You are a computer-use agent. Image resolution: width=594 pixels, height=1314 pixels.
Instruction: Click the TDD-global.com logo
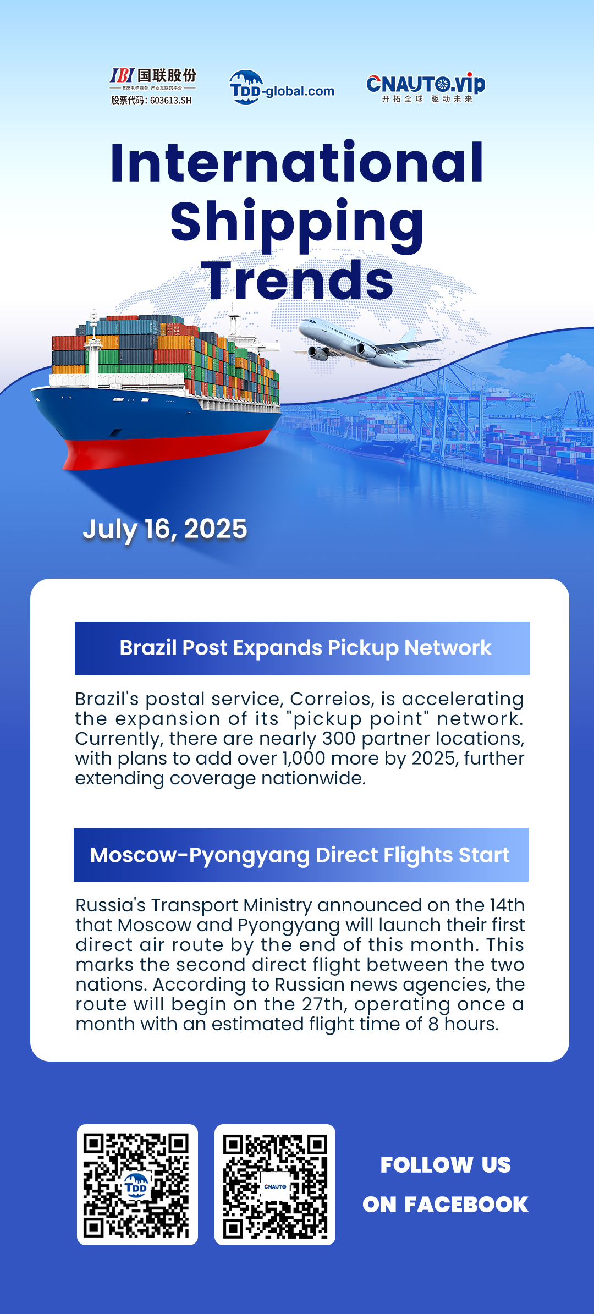point(282,87)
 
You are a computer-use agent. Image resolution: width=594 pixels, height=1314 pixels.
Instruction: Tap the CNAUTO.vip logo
point(426,87)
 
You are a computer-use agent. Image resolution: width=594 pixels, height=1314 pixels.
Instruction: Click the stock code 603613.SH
point(171,100)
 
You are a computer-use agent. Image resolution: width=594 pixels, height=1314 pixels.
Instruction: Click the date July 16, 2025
point(165,529)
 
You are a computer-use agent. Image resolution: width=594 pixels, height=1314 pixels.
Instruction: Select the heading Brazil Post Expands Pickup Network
point(305,648)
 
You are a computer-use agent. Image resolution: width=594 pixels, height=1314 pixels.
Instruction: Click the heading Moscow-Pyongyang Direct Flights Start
point(300,855)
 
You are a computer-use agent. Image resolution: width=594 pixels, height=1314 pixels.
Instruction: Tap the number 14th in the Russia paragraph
point(507,905)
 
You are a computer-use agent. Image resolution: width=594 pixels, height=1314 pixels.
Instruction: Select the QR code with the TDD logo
point(137,1185)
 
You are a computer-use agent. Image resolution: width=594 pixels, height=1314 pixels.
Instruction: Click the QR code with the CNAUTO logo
point(275,1185)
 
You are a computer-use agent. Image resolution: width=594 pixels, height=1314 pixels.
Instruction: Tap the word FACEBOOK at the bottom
point(466,1205)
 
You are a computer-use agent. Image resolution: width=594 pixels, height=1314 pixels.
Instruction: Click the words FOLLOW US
point(446,1165)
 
